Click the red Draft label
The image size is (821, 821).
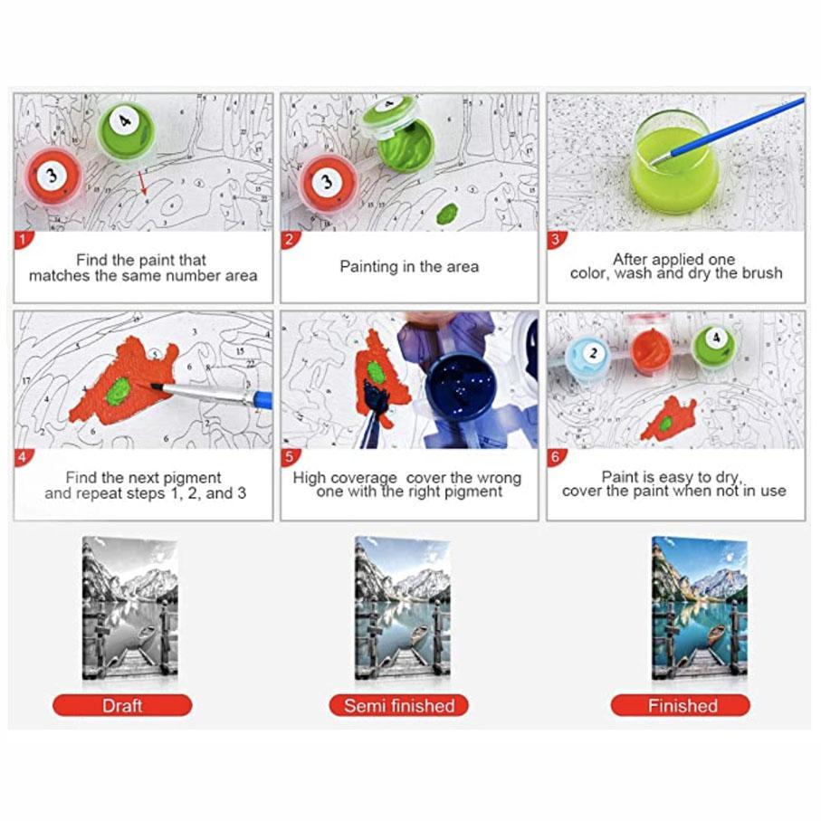pos(122,705)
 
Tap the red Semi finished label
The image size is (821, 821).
pos(399,705)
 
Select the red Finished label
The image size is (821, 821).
pos(681,705)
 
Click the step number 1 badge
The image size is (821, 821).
pos(23,240)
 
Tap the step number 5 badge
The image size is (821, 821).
pos(289,457)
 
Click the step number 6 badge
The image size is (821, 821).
pos(556,457)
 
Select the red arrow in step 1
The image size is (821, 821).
pos(142,182)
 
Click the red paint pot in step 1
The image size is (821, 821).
pos(53,177)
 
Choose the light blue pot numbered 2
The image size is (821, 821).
pos(587,356)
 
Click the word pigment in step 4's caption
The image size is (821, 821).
pos(191,478)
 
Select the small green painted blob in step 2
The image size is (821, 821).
pos(446,213)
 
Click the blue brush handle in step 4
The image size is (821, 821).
pos(263,400)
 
